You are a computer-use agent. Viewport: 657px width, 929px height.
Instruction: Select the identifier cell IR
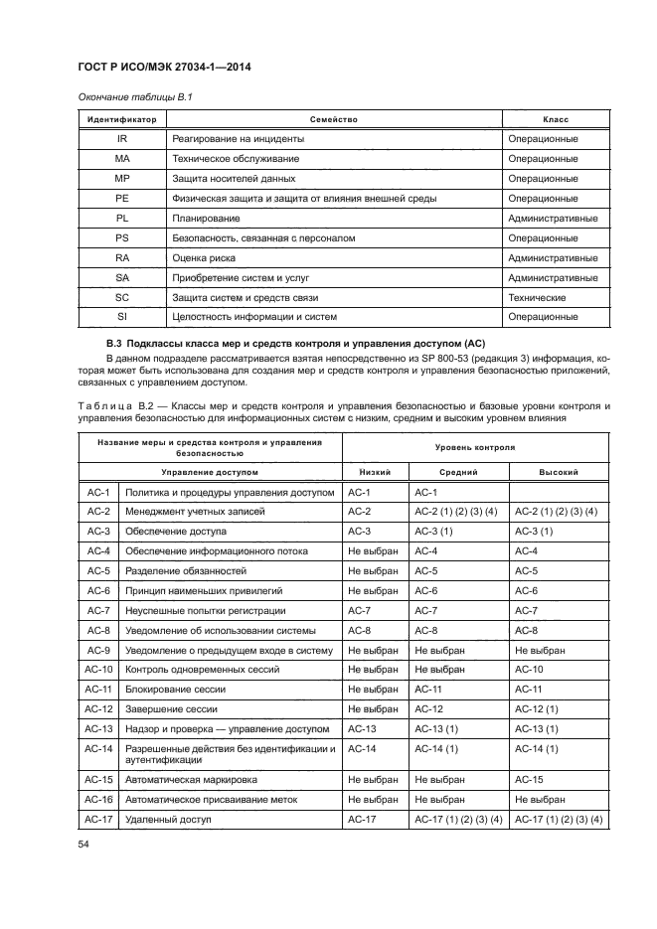pyautogui.click(x=122, y=138)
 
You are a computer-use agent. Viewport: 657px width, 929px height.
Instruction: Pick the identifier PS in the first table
pyautogui.click(x=122, y=237)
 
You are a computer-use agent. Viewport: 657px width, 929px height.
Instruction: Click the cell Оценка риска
pyautogui.click(x=205, y=257)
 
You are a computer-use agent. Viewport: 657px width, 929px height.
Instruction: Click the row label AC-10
pyautogui.click(x=97, y=669)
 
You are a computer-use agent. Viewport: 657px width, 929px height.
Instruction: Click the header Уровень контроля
pyautogui.click(x=474, y=448)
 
